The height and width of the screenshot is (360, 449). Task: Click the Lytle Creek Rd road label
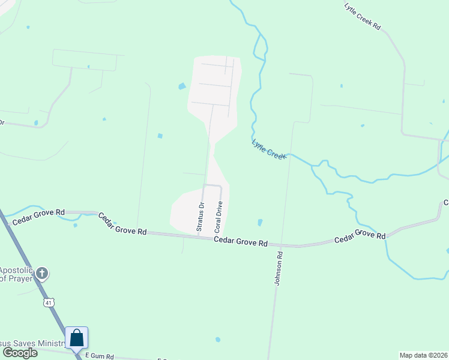363,17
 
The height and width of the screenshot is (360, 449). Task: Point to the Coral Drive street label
219,217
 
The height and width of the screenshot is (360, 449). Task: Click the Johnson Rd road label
279,268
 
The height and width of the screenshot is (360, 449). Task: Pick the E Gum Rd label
99,356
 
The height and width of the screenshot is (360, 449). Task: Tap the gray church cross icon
41,274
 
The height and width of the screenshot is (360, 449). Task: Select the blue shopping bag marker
77,338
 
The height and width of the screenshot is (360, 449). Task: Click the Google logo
20,353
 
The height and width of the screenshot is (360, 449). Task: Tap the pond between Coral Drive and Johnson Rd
260,222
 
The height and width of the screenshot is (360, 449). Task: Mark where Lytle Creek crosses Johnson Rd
289,155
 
